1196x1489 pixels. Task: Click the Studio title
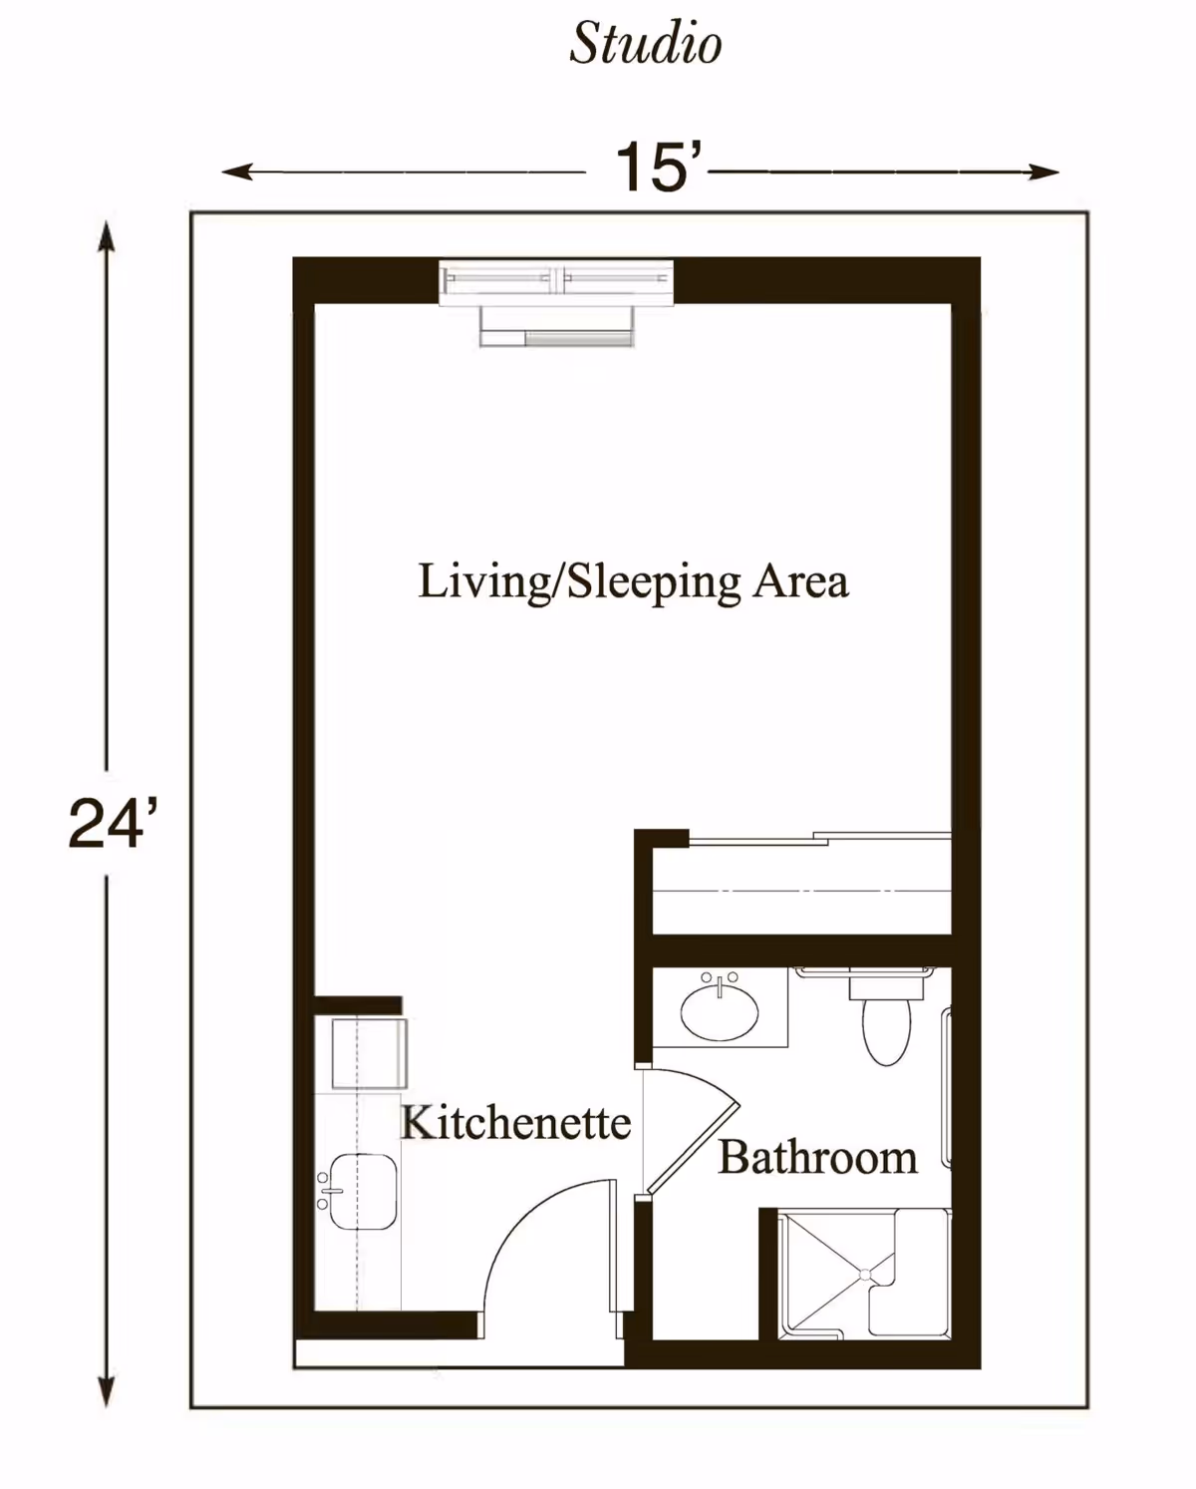coord(646,44)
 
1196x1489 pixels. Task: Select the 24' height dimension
coord(113,823)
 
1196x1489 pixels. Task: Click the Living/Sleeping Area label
coord(633,581)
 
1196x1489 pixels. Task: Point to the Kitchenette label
coord(516,1122)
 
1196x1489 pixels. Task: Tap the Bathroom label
coord(818,1158)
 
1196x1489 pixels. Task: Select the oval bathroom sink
coord(720,1011)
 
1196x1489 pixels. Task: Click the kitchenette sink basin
coord(363,1192)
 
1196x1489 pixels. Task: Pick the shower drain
coord(865,1275)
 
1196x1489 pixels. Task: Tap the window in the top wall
coord(556,282)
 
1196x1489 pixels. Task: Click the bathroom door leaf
coord(693,1150)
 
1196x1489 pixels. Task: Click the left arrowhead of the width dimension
coord(236,172)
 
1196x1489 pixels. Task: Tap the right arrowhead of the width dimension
coord(1045,172)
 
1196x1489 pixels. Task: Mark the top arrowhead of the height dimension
coord(106,235)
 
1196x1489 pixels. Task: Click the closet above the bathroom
coord(802,890)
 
